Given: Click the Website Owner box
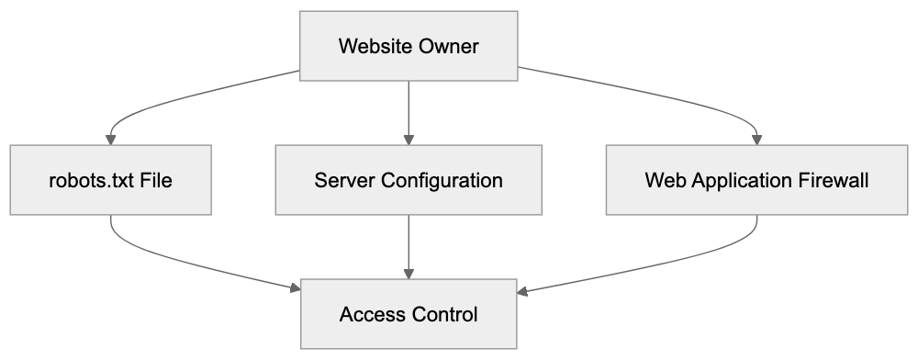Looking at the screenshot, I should click(x=409, y=46).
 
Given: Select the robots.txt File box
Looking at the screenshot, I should click(x=110, y=180).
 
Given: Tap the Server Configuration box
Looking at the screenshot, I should click(x=409, y=180).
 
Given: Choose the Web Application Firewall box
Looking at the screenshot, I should click(x=756, y=180).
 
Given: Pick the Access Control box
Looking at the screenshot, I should click(x=409, y=315).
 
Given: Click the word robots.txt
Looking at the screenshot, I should click(x=88, y=180).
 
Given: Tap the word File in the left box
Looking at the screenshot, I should click(x=155, y=180).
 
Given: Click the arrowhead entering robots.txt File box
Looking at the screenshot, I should click(x=110, y=139).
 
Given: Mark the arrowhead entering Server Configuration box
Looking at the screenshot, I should click(x=409, y=139).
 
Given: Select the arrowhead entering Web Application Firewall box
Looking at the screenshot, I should click(x=756, y=139).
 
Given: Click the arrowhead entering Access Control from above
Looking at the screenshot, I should click(x=409, y=274).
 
